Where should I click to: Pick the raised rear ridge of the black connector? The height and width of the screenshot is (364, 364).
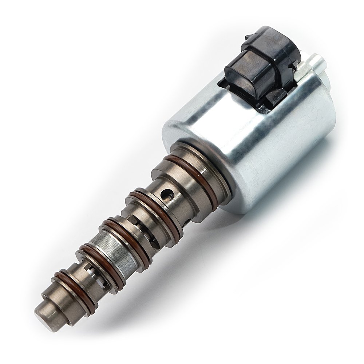pyautogui.click(x=280, y=40)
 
